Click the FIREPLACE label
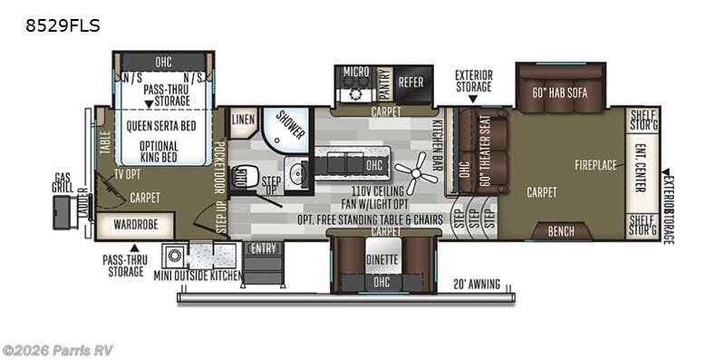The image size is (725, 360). [595, 164]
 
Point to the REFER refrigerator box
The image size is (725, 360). [411, 82]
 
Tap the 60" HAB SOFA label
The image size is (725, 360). [565, 91]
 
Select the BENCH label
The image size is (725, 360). [560, 231]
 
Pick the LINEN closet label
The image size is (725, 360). [242, 120]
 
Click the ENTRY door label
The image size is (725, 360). [263, 248]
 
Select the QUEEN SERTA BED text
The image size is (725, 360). [163, 126]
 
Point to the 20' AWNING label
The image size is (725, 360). [476, 284]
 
